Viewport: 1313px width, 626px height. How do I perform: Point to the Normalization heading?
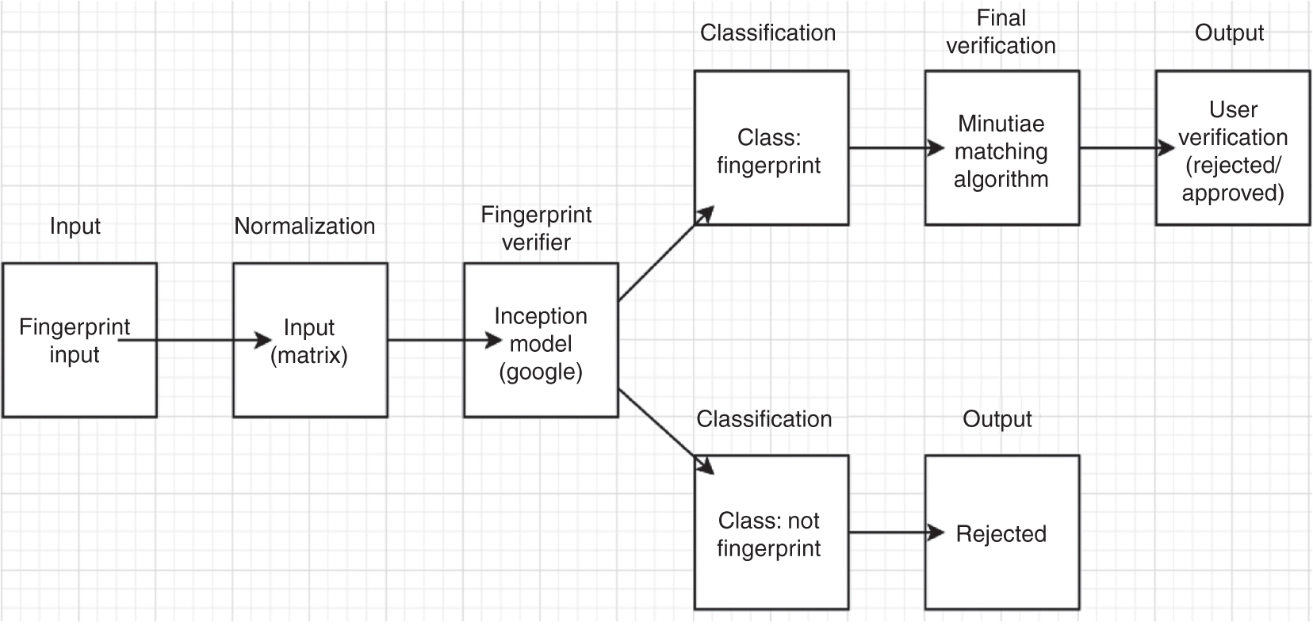[x=304, y=226]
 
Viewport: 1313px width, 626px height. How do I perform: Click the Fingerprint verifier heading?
[x=537, y=228]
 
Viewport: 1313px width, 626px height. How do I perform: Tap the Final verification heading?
[x=1001, y=32]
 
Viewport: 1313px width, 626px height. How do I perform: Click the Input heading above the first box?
[x=75, y=226]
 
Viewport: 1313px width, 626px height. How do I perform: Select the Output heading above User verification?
[x=1229, y=33]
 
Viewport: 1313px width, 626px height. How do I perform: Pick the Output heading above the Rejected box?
[x=997, y=419]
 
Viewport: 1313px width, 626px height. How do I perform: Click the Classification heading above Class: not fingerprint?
[x=764, y=419]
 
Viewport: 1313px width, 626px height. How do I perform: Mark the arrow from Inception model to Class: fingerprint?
[x=664, y=255]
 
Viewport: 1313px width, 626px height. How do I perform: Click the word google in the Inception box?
[x=541, y=372]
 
